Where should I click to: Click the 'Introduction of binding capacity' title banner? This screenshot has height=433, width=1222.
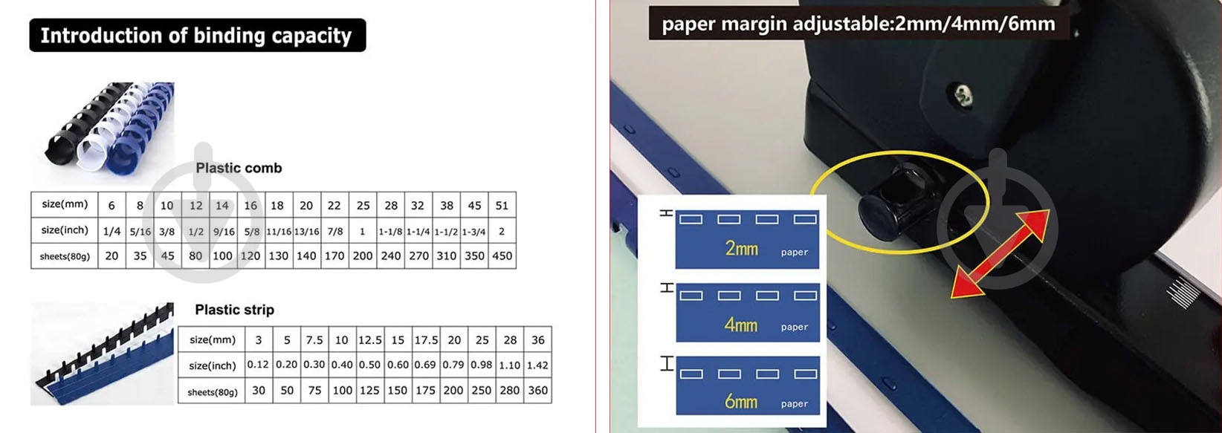pyautogui.click(x=198, y=36)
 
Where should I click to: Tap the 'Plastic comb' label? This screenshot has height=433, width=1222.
pyautogui.click(x=239, y=168)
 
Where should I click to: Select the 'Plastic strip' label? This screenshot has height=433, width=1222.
pyautogui.click(x=235, y=310)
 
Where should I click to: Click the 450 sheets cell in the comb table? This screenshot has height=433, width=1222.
pyautogui.click(x=502, y=255)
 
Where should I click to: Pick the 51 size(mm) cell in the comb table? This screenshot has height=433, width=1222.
pyautogui.click(x=502, y=206)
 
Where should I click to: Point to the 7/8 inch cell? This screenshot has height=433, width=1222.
pyautogui.click(x=335, y=231)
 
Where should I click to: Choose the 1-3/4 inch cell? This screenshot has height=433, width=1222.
pyautogui.click(x=473, y=231)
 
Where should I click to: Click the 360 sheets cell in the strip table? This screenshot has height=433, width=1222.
pyautogui.click(x=537, y=391)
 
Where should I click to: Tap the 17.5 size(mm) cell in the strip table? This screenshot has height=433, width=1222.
pyautogui.click(x=426, y=339)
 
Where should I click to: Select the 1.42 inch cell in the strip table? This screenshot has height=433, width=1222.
pyautogui.click(x=537, y=365)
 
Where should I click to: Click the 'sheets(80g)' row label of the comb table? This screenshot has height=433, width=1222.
pyautogui.click(x=65, y=256)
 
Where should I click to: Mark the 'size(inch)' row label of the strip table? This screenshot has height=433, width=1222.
pyautogui.click(x=212, y=365)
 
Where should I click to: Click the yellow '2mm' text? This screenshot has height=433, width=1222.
pyautogui.click(x=741, y=249)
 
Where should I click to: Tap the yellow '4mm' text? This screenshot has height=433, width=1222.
pyautogui.click(x=741, y=325)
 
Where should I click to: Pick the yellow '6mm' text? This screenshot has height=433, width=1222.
pyautogui.click(x=741, y=402)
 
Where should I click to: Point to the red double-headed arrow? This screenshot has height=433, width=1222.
pyautogui.click(x=1000, y=253)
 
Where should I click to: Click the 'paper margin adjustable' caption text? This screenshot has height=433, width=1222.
pyautogui.click(x=859, y=24)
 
